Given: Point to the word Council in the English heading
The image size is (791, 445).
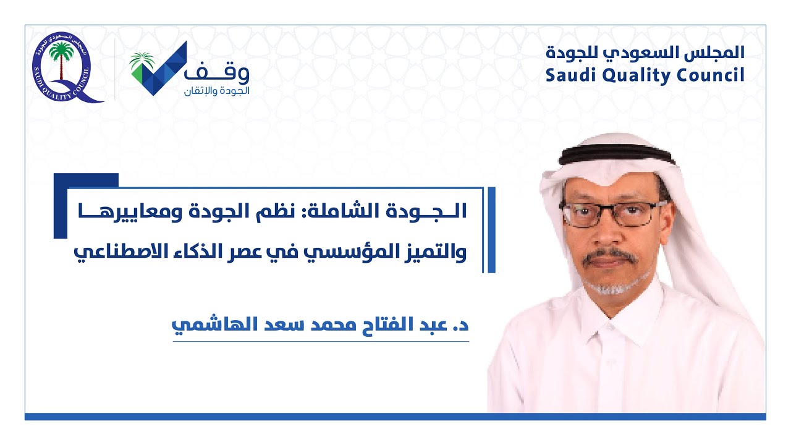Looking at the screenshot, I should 711,75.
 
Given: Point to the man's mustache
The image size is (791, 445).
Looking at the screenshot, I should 609,256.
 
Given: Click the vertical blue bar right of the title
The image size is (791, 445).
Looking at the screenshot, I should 492,229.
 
